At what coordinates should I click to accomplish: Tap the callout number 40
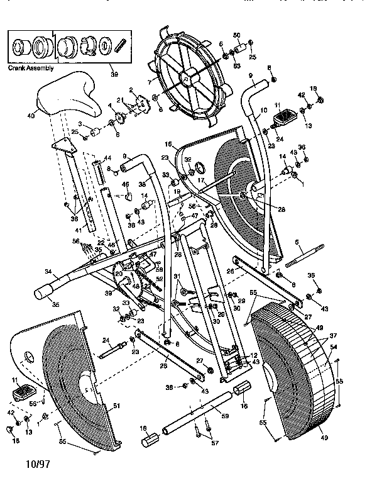(x=31, y=115)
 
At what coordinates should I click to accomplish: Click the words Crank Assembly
(x=30, y=68)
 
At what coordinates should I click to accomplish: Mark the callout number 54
(x=334, y=347)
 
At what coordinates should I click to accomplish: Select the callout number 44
(x=107, y=157)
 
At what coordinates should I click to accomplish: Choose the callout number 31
(x=177, y=277)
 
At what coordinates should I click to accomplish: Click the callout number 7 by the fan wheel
(x=148, y=82)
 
